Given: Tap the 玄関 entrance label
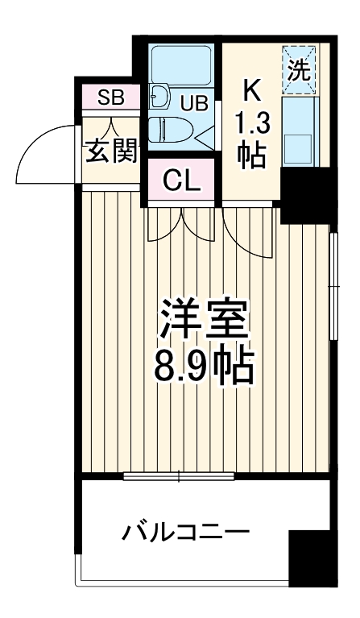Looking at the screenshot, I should coord(110,151).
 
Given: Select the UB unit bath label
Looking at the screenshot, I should coord(193,102).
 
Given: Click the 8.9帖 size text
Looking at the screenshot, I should coord(203,367).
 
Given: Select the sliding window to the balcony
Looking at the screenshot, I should coord(179,476).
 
